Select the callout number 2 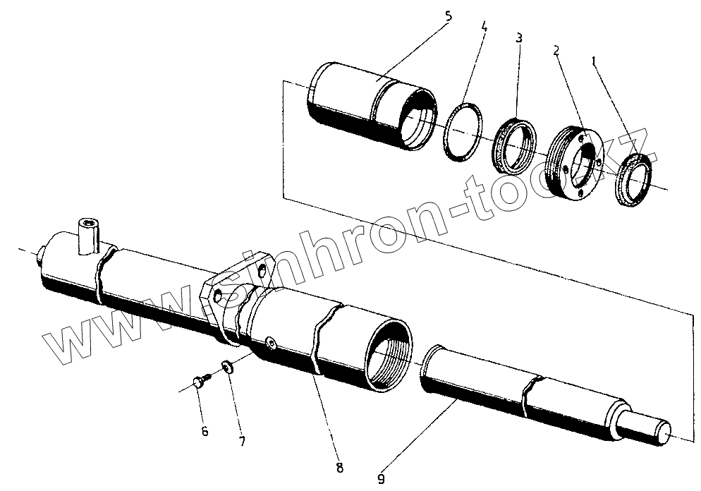(x=556, y=50)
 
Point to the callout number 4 (x=484, y=28)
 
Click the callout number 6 (x=205, y=431)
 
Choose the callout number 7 (x=242, y=442)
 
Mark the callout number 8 (x=340, y=466)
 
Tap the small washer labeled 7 (x=227, y=368)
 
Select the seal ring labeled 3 (x=516, y=146)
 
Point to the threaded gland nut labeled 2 (x=576, y=164)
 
